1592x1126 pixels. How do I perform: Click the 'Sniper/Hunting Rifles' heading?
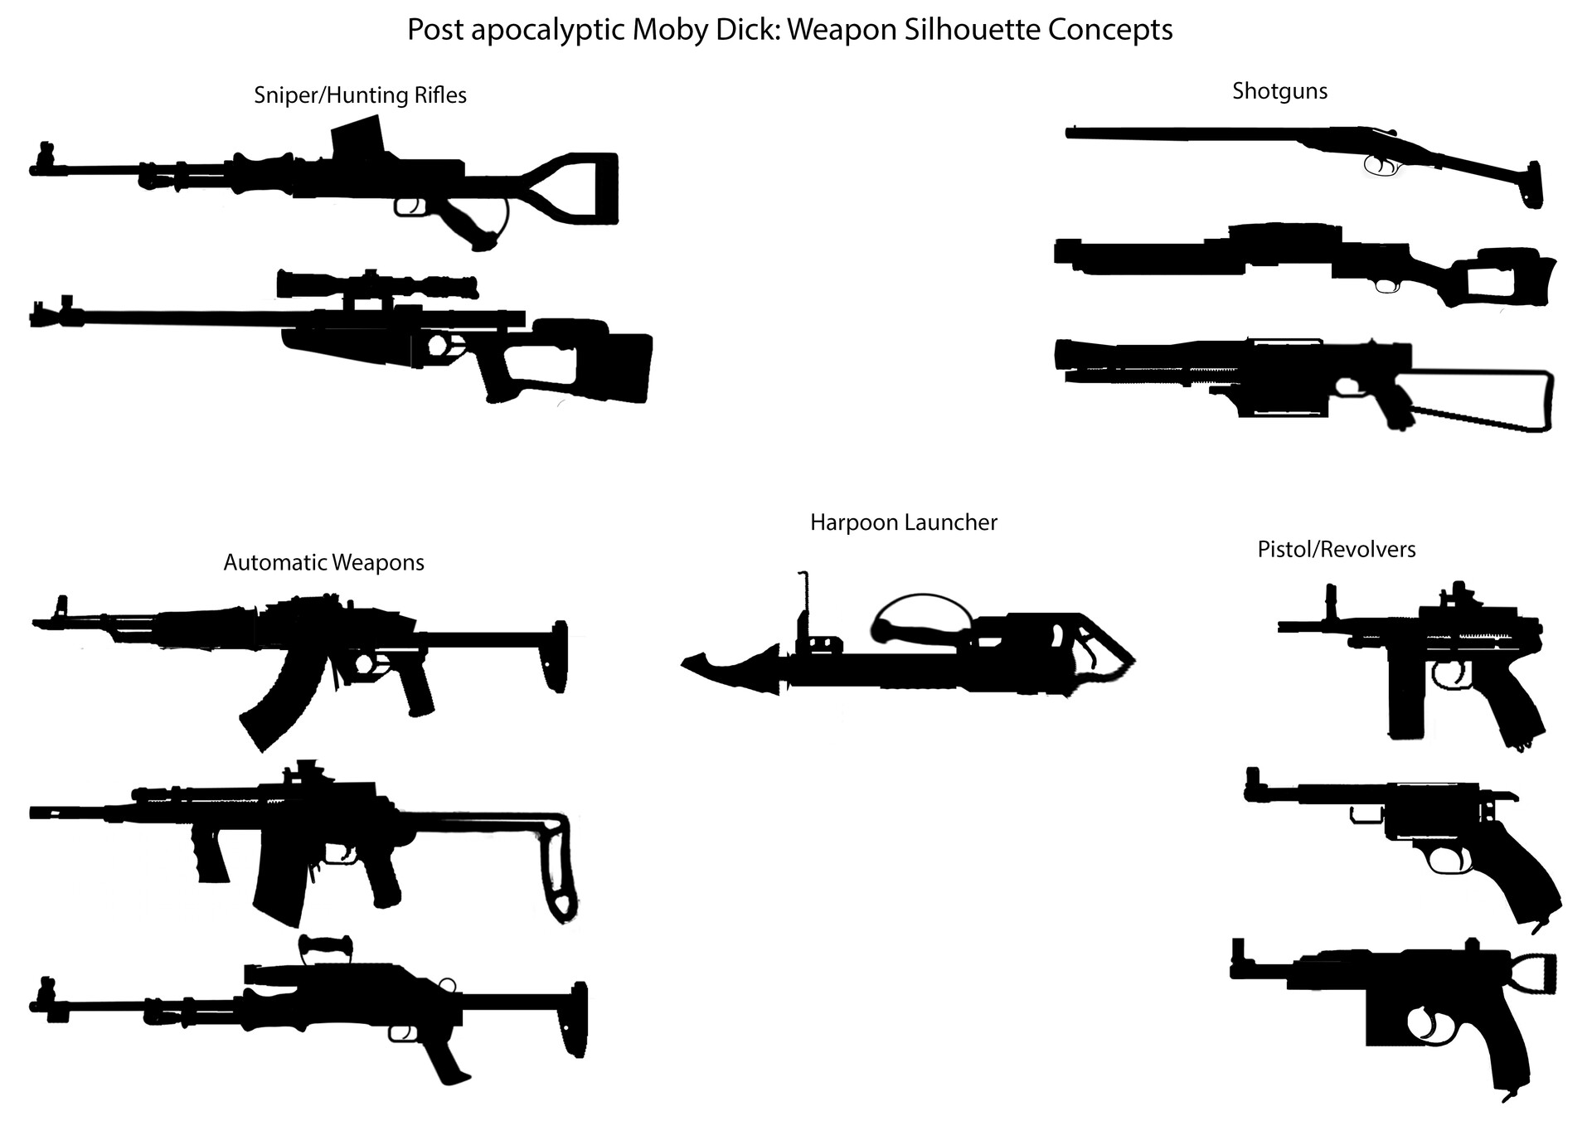pos(360,95)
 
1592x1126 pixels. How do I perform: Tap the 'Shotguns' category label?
pos(1279,91)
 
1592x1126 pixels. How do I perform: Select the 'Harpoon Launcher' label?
pos(903,522)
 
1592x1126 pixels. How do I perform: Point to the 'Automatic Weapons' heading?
pos(323,563)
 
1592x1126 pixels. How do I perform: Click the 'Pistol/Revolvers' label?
pos(1336,550)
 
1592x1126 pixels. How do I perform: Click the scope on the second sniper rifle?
pos(377,285)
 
